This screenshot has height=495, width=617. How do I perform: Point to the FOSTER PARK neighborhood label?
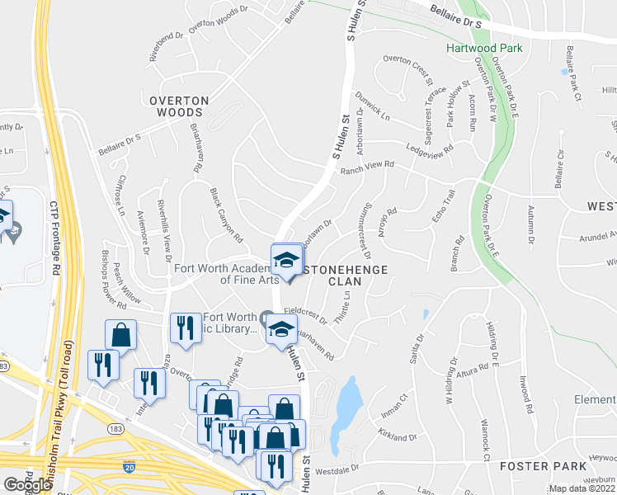click(535, 466)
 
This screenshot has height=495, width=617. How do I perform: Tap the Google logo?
click(27, 485)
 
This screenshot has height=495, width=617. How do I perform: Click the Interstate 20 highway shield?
click(129, 465)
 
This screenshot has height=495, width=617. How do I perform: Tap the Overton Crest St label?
click(407, 70)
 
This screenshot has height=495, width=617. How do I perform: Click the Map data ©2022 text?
click(582, 488)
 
